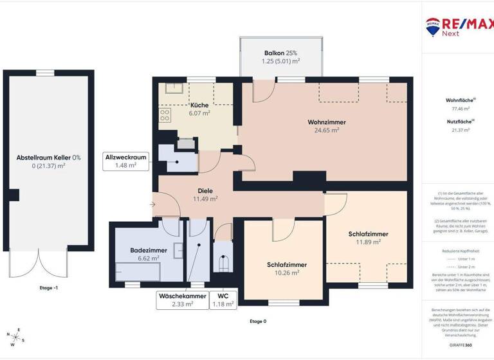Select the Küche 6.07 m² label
(199, 109)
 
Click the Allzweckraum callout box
(126, 161)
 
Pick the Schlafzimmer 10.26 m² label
(286, 268)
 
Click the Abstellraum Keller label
(49, 161)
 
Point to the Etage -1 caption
(49, 289)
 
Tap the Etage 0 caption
(257, 320)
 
